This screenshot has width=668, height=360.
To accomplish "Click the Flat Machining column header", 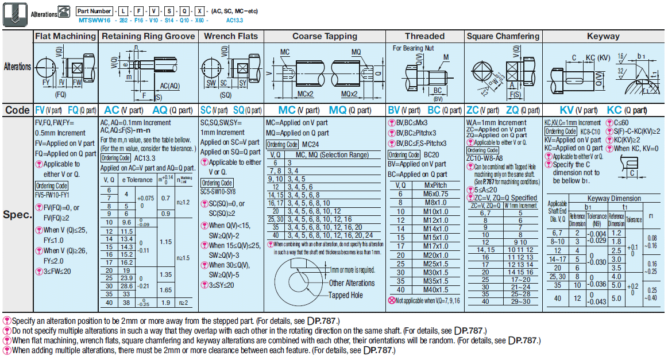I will pos(65,36).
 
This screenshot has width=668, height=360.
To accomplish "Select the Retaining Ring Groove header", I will pos(148,36).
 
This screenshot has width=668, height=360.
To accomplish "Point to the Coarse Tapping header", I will pos(325,36).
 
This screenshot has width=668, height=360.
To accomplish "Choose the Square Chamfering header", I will pos(503,36).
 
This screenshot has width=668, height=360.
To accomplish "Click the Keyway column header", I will pos(603,36).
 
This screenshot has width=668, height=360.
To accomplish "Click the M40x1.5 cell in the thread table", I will pos(436,290).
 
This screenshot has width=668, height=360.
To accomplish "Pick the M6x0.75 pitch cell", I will pos(436,194).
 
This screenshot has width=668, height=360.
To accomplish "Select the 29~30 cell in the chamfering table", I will pos(520,301).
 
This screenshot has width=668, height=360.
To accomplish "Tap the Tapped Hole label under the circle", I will pos(345,295).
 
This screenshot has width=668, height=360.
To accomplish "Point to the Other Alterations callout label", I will pos(352,282).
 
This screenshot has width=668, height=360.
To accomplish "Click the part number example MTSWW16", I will pos(95,20).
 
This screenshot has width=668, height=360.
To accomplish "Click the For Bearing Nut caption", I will pos(413,48).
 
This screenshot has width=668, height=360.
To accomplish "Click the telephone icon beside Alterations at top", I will pos(65,11).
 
